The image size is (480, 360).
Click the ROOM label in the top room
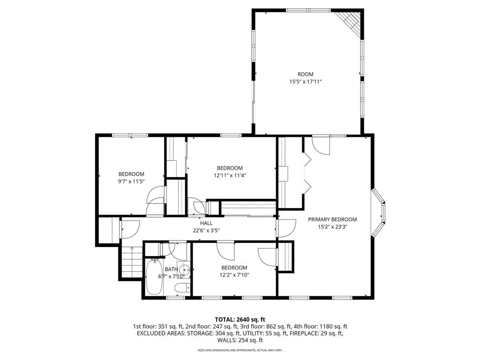(305, 74)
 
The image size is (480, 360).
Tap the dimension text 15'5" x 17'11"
(305, 82)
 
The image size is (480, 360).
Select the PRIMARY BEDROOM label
(332, 219)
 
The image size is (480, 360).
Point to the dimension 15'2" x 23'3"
(332, 226)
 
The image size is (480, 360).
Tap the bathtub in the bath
(154, 277)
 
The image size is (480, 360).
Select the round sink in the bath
(186, 270)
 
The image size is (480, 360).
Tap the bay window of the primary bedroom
(380, 213)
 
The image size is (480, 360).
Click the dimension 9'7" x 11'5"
(131, 181)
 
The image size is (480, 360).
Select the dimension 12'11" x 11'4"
(230, 175)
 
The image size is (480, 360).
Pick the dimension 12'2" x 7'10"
(234, 275)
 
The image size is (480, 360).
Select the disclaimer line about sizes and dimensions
(240, 350)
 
